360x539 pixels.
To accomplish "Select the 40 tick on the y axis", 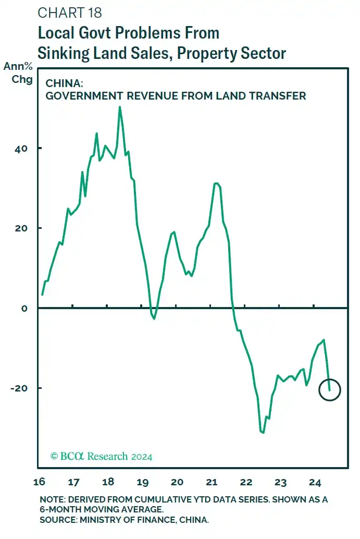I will [22, 149].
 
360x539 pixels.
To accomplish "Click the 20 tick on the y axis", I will [22, 228].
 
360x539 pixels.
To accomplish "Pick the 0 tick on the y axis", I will [24, 308].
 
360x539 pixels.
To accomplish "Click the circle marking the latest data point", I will [329, 390].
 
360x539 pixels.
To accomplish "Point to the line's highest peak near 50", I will [120, 107].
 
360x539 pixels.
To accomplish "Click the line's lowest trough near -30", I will [263, 432].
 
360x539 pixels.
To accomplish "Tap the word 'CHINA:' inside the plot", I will [62, 82].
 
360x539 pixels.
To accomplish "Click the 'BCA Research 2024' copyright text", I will [101, 457].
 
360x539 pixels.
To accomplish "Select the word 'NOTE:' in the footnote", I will [53, 499].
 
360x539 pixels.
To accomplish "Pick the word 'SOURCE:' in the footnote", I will [58, 519].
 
